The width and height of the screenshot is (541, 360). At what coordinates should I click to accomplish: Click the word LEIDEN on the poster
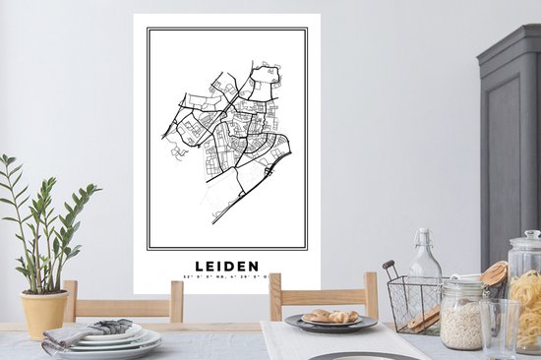pos(226,266)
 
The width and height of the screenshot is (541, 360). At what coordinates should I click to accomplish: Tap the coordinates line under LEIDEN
pos(226,277)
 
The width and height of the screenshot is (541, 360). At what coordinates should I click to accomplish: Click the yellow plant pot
pos(45,313)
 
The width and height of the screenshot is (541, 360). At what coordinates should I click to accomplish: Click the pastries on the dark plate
pos(331,316)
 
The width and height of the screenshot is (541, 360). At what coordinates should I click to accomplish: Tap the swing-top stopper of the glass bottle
pos(424,237)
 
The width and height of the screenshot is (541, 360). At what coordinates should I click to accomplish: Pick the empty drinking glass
pos(500,330)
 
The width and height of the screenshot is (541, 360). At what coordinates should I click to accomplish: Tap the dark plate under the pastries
pos(331,324)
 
